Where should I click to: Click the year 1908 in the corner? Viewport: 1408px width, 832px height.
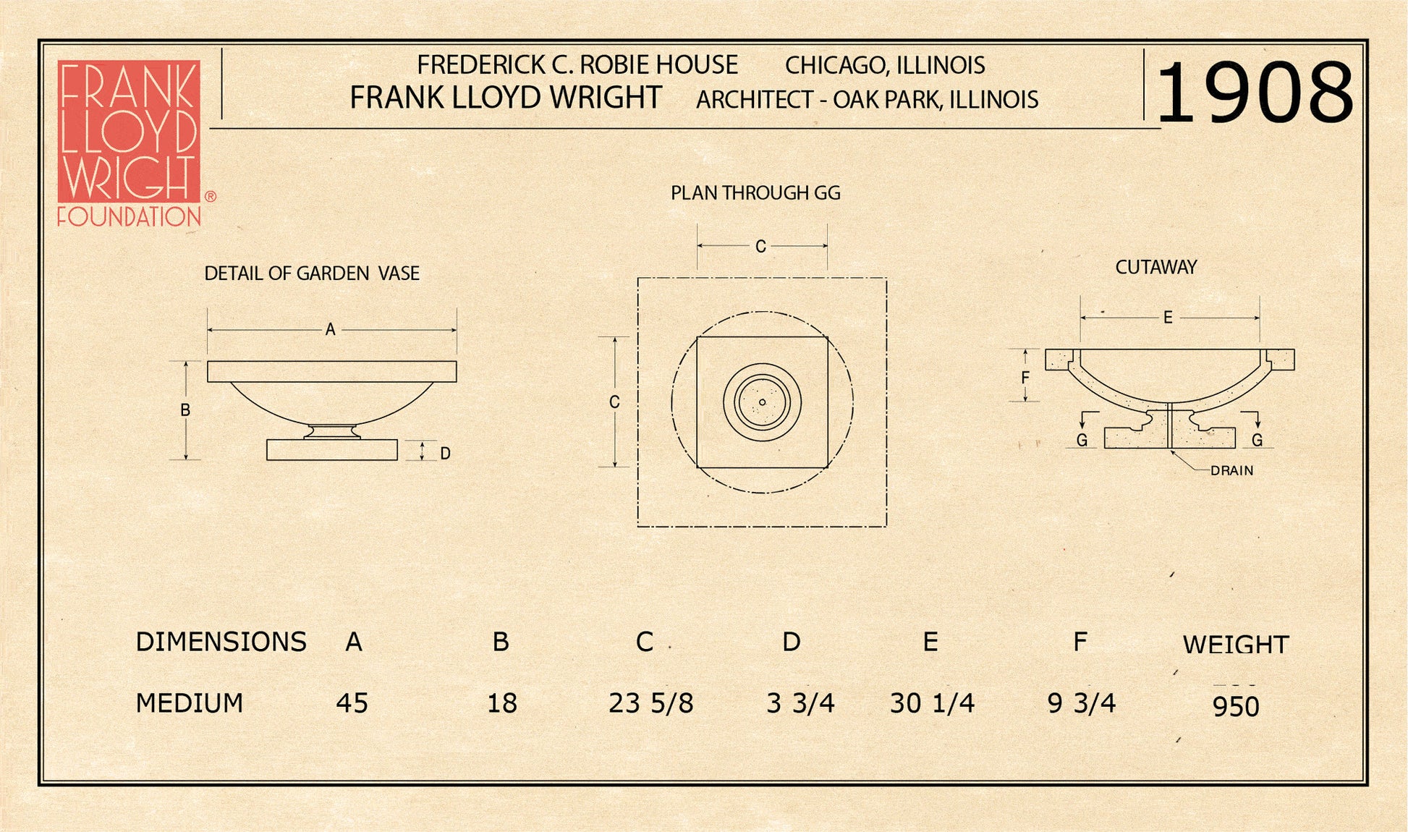tap(1255, 92)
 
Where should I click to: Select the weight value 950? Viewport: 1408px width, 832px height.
tap(1236, 707)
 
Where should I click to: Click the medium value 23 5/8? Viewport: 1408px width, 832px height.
tap(650, 703)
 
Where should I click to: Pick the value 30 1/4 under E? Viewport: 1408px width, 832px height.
tap(932, 703)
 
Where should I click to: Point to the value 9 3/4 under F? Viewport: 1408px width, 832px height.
tap(1082, 703)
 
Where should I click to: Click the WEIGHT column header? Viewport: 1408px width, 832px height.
tap(1236, 645)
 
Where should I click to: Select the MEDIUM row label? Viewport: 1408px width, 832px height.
tap(190, 703)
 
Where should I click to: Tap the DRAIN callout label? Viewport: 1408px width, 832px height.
tap(1231, 470)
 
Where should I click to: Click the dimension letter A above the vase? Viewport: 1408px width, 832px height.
tap(331, 330)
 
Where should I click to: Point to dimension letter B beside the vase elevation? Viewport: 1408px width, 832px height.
tap(185, 410)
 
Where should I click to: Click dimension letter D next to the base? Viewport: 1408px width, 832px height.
tap(445, 454)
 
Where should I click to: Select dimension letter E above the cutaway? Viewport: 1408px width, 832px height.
tap(1168, 318)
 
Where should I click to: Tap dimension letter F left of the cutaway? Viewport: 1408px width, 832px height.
tap(1025, 378)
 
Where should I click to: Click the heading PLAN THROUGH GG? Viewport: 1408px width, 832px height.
tap(755, 193)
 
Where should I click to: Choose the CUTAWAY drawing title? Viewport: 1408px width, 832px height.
tap(1155, 267)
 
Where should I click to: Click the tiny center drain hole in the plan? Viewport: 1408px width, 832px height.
tap(762, 402)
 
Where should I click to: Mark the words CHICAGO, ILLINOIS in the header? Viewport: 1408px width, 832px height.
tap(885, 66)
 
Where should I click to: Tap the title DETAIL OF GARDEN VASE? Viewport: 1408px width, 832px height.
tap(312, 273)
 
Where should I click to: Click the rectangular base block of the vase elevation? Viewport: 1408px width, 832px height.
tap(331, 450)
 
